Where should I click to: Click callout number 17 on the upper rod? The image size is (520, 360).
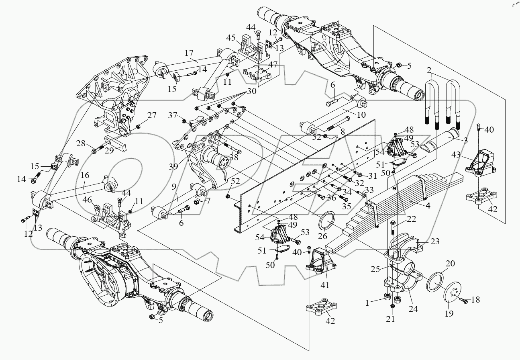pyautogui.click(x=189, y=53)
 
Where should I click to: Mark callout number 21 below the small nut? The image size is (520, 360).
pyautogui.click(x=391, y=319)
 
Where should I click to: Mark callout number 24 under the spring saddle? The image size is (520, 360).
pyautogui.click(x=413, y=309)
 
